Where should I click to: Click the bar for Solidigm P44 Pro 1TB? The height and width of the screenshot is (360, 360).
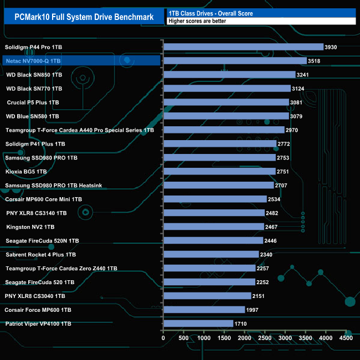coord(243,47)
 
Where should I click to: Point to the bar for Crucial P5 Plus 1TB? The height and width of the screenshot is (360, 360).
coord(226,102)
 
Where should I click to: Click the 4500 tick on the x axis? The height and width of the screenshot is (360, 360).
coord(346,338)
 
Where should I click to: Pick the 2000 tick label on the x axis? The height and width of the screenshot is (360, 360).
coord(245,338)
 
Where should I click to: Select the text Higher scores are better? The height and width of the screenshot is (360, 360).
coord(194,21)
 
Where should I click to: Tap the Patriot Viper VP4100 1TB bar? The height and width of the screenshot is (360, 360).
coord(198,323)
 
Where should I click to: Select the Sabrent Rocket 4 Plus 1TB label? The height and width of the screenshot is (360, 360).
coord(40,255)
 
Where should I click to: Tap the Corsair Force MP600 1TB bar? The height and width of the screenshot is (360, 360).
coord(204,310)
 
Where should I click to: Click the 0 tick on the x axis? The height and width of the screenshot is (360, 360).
coord(163,338)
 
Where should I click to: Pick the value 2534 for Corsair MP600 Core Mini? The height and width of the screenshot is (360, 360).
coord(275,199)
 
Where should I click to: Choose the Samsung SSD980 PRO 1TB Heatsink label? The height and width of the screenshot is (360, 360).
coord(53,186)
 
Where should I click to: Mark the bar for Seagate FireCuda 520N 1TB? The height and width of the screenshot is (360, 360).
coord(213,240)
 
